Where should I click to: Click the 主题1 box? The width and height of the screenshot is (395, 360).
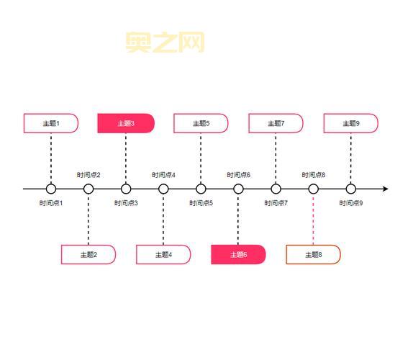50,123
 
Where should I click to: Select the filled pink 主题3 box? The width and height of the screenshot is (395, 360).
126,123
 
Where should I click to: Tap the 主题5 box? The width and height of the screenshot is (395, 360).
201,123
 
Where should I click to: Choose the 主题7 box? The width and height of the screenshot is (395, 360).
276,123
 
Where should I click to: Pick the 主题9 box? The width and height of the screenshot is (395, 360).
351,123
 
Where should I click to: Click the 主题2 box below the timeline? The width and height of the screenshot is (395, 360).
88,254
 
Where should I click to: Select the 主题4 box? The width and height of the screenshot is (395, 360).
163,254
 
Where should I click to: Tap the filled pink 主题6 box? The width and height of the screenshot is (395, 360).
238,254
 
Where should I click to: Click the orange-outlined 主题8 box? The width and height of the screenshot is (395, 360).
313,254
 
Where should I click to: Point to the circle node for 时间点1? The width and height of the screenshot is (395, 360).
51,189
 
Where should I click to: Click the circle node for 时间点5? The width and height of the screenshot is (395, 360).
201,189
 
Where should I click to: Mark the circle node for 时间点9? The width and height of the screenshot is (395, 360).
351,189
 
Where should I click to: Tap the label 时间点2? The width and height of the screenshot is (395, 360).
88,175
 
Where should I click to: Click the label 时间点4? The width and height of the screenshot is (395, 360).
163,175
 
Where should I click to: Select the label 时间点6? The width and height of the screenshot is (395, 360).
238,175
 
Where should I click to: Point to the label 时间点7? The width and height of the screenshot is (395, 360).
276,203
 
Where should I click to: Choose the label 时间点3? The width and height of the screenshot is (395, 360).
126,203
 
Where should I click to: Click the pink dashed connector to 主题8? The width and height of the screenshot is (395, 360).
313,220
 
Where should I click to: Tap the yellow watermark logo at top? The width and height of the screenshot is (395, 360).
165,42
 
